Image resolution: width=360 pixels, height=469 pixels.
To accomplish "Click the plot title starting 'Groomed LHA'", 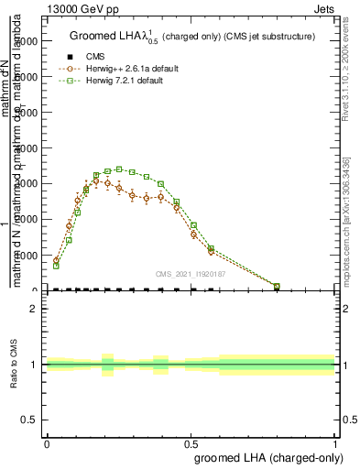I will (x=191, y=37).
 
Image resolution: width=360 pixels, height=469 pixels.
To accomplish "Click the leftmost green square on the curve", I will (x=56, y=266).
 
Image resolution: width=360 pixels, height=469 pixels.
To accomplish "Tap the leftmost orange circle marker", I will (x=56, y=260).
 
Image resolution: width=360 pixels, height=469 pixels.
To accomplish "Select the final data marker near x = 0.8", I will (x=277, y=286).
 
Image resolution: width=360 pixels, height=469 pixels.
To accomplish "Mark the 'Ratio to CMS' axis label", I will (x=13, y=365).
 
